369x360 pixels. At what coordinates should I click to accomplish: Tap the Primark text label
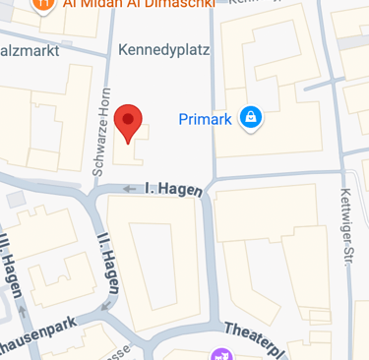coord(205,119)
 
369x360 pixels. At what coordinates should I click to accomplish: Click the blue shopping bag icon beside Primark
coord(251,118)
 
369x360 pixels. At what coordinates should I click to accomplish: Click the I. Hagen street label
coord(173,187)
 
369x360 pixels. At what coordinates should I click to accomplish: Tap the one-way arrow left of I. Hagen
coord(129,188)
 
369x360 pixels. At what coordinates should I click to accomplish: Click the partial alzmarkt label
coord(30,49)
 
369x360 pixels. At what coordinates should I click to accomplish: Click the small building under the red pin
coord(131,148)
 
